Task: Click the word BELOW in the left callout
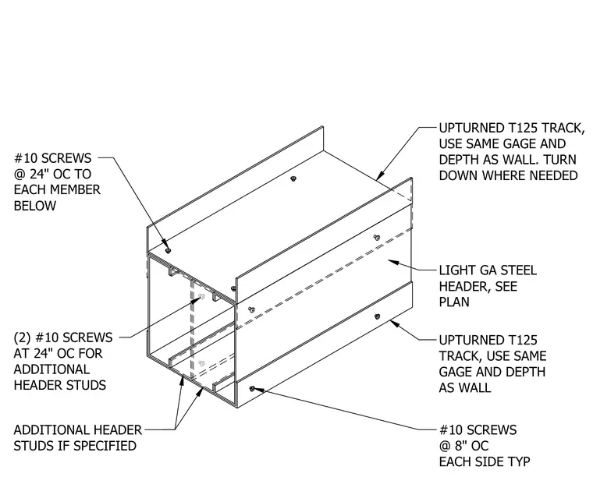click(35, 206)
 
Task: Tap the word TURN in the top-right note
click(559, 160)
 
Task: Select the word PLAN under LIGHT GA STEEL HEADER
click(454, 302)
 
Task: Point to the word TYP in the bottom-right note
click(519, 462)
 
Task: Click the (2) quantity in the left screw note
click(23, 337)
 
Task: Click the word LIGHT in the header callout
click(456, 270)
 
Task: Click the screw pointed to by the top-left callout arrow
click(169, 251)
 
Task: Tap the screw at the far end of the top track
click(293, 178)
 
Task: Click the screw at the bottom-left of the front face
click(252, 389)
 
